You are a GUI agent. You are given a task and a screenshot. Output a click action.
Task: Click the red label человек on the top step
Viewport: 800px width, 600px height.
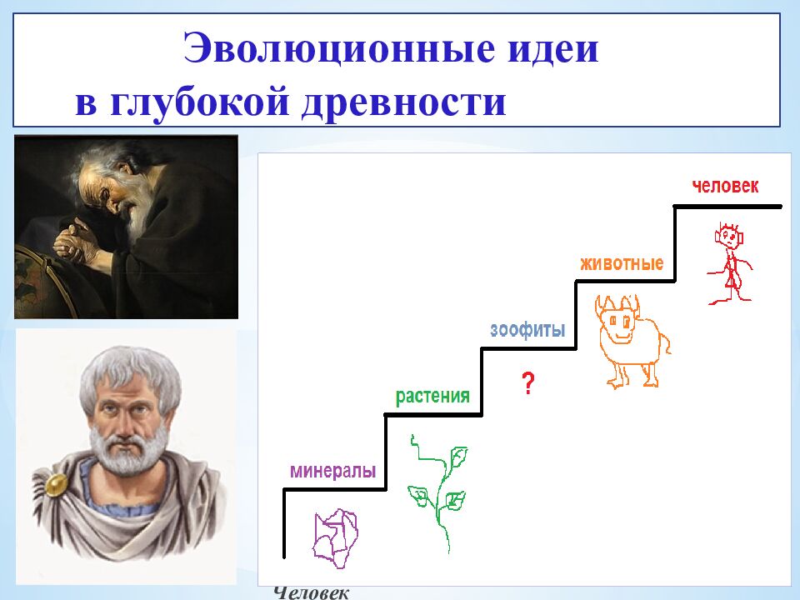click(725, 186)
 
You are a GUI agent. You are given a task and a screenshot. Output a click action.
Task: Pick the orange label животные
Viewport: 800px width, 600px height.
click(622, 263)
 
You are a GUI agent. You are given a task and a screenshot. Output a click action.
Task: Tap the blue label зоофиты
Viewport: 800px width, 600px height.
click(527, 330)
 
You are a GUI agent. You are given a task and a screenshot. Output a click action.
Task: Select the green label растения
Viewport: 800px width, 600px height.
click(432, 397)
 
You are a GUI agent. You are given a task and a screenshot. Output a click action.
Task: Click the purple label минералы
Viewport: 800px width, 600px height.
click(333, 470)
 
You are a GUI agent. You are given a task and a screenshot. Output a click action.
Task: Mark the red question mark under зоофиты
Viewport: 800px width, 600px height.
click(527, 383)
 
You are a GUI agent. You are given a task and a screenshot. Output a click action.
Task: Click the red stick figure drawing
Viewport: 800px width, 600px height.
click(730, 263)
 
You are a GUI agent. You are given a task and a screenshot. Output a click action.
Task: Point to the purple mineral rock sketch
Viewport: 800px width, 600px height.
click(336, 538)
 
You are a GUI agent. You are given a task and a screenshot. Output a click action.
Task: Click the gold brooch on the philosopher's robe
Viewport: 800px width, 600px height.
click(56, 485)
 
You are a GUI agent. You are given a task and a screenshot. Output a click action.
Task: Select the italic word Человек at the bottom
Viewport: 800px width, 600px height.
click(311, 592)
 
